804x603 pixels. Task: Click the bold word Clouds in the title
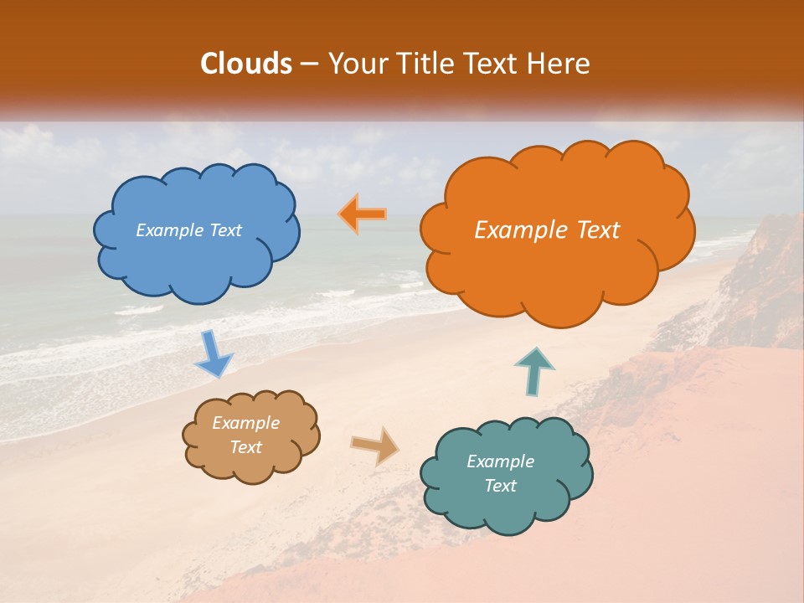tap(247, 64)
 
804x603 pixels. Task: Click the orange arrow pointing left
tap(363, 214)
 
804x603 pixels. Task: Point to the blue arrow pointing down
tap(213, 353)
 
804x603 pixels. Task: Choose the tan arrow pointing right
tap(375, 445)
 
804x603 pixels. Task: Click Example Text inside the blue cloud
tap(188, 230)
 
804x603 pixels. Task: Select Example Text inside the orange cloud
tap(547, 230)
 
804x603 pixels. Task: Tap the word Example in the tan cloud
tap(245, 423)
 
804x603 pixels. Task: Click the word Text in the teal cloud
tap(500, 486)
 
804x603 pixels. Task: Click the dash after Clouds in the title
tap(308, 64)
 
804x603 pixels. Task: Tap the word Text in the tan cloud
tap(245, 447)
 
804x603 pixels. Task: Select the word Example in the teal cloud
tap(500, 461)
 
